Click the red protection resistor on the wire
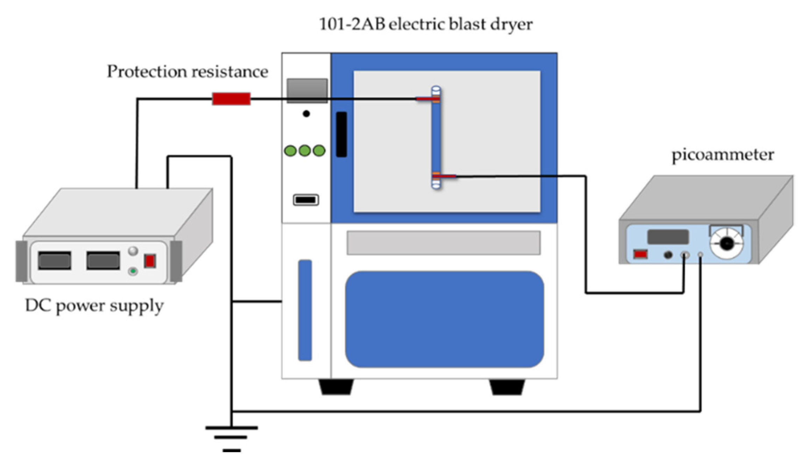pos(231,99)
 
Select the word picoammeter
pos(722,155)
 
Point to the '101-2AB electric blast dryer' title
pos(426,25)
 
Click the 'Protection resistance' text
pos(188,72)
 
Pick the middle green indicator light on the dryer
pos(305,151)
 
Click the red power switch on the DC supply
pos(150,261)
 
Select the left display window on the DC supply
pos(55,261)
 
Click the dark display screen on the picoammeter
pos(668,237)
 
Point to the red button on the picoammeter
pos(641,254)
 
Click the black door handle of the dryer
pos(341,134)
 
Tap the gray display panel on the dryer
pos(307,90)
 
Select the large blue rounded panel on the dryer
pos(444,319)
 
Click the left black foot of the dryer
pos(336,387)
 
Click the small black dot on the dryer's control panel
pos(306,114)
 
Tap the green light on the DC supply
pos(133,271)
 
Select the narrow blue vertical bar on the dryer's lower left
pos(305,310)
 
